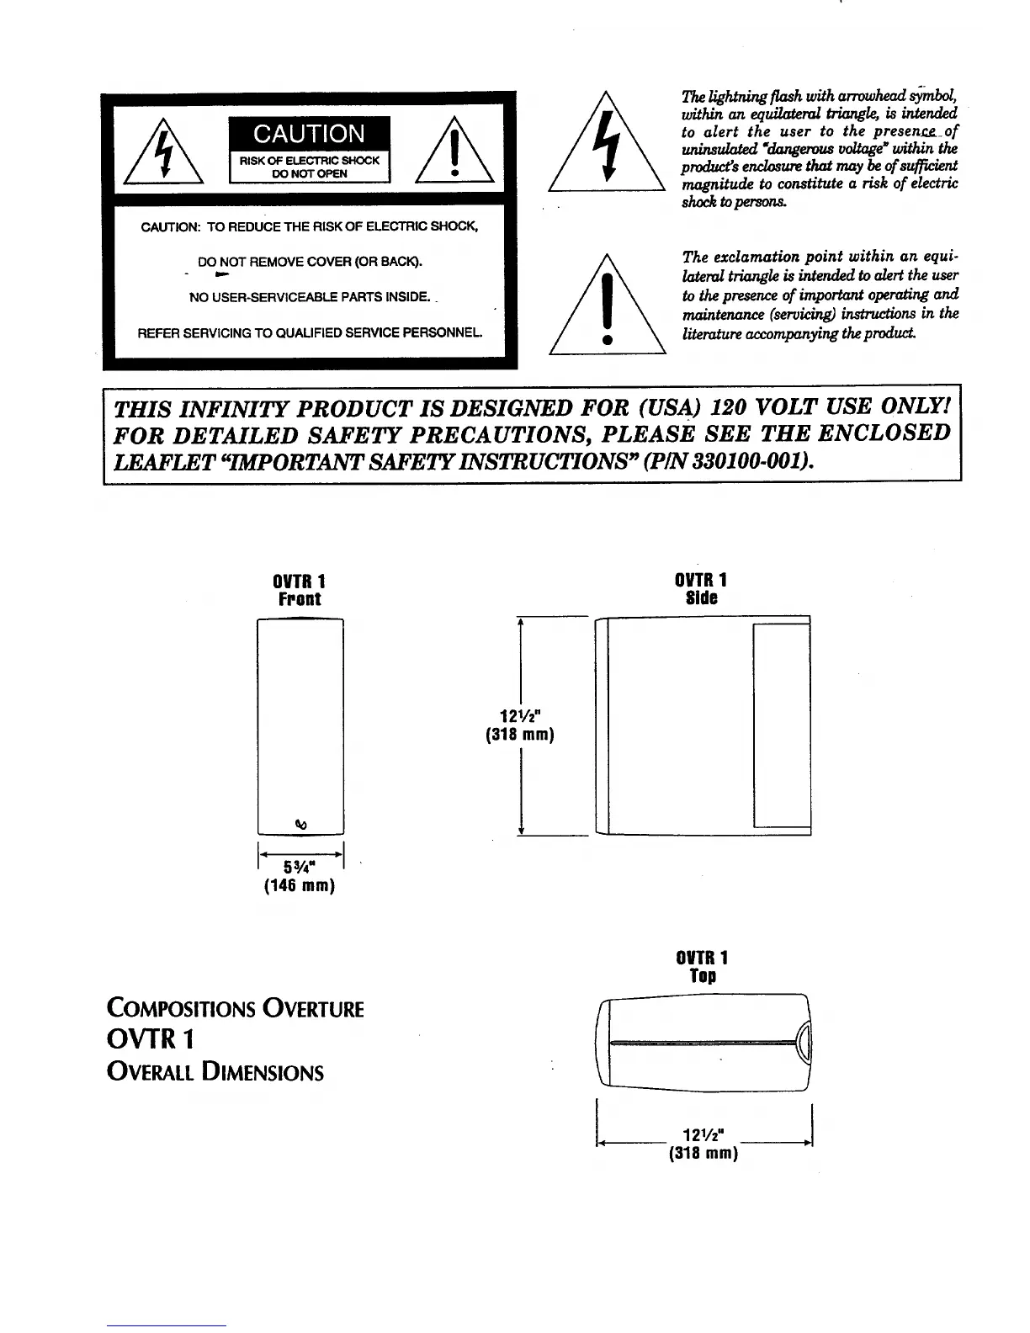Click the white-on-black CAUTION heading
tap(309, 134)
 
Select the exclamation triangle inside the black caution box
tap(454, 151)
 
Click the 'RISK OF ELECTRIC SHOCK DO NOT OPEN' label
tap(309, 167)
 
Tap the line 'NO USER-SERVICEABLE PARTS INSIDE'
tap(309, 297)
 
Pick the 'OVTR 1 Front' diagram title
tap(300, 590)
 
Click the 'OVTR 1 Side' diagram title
tap(701, 589)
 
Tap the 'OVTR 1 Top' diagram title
tap(702, 966)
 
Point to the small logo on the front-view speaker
tap(300, 823)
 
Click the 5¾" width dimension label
tap(300, 868)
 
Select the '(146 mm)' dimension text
tap(300, 886)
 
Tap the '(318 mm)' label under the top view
tap(703, 1153)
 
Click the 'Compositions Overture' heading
tap(236, 1008)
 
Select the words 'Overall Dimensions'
tap(215, 1073)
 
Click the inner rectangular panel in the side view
tap(781, 725)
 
